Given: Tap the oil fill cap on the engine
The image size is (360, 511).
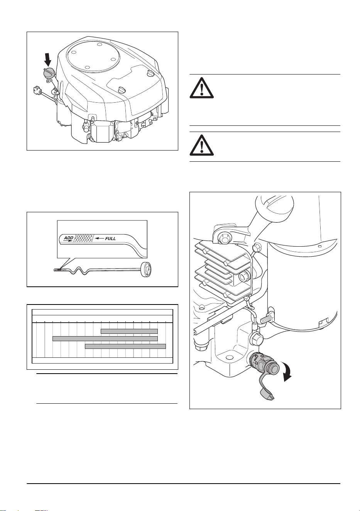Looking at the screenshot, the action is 48,73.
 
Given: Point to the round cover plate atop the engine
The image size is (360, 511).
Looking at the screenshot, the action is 93,56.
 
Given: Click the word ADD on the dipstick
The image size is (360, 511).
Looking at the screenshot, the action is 68,238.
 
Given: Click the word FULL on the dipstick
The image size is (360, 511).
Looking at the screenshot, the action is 110,239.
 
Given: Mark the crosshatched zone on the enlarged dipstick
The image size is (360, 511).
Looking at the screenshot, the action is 84,239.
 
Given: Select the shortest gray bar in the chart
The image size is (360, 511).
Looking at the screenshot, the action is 129,331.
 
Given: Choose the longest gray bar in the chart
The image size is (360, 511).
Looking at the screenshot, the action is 105,338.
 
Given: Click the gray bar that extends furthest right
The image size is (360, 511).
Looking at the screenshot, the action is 125,346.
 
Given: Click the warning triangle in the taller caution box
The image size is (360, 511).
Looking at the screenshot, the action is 201,88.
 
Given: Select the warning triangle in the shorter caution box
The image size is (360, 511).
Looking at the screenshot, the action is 201,146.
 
